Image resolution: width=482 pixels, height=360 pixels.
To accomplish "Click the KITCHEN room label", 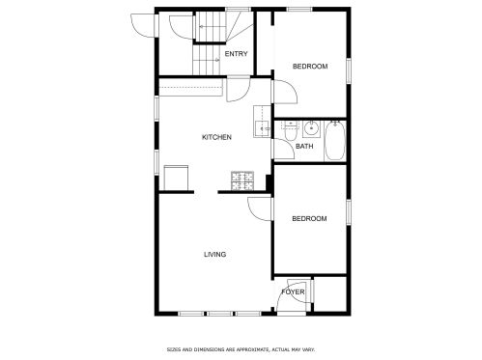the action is tap(216, 137).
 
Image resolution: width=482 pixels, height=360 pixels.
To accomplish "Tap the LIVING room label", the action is tap(215, 255).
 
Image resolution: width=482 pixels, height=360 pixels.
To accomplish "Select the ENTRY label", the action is tap(236, 54).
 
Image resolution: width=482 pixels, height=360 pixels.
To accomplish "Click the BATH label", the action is tap(304, 147).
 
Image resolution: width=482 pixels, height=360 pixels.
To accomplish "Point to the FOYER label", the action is tap(293, 292).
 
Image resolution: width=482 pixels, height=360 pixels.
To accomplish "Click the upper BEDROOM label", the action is tap(310, 67).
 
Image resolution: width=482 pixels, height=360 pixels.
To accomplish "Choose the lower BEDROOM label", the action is tap(309, 219).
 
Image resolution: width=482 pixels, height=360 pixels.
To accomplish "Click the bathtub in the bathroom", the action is tap(335, 141).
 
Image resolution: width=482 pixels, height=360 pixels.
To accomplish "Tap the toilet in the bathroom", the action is tap(290, 131).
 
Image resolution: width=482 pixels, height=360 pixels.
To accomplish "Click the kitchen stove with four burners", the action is tap(242, 181).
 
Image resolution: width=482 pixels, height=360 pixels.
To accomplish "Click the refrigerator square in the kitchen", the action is tap(176, 178).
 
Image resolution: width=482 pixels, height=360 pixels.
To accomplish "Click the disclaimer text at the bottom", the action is tap(241, 349).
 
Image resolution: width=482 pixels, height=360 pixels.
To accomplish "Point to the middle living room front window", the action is tap(219, 313).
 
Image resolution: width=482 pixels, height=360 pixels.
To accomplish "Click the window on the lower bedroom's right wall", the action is tap(349, 212).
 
